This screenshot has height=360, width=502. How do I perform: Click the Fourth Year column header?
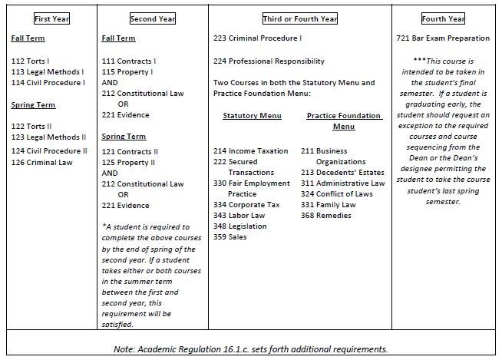point(445,18)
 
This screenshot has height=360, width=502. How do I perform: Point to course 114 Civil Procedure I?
point(48,82)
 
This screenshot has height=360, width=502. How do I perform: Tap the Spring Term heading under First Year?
point(33,105)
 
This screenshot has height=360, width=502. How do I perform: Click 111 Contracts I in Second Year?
point(129,60)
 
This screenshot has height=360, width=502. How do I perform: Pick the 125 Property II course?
point(129,162)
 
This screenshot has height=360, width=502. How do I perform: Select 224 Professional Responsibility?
point(269,61)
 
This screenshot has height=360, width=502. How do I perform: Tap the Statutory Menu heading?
point(252,116)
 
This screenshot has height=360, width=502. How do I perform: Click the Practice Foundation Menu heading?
point(344,121)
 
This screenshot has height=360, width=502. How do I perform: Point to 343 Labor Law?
point(239,215)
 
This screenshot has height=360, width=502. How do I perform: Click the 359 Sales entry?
point(230,236)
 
